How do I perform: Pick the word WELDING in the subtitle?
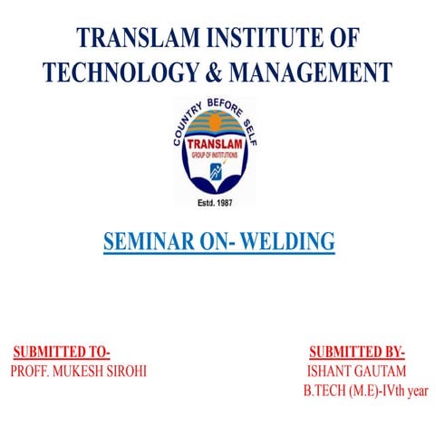coord(291,243)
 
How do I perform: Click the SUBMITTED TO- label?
coord(62,353)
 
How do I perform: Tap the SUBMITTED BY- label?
coord(357,353)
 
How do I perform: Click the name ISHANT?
coord(329,372)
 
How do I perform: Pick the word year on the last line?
coord(416,391)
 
